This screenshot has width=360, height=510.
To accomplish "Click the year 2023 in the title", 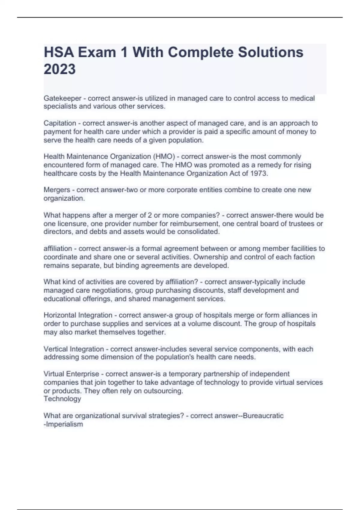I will tap(60, 69).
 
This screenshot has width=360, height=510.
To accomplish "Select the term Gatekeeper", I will tap(62, 98).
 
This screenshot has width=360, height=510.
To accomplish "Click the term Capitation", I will tap(60, 123).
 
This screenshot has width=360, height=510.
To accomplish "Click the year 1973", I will tap(259, 173).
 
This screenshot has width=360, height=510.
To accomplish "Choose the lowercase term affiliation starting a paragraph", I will tap(58, 249).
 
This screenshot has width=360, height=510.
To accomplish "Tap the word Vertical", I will tap(55, 349).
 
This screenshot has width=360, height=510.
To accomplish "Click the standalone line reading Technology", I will tap(62, 399).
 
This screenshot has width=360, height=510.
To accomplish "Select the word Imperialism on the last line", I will tap(64, 424).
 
